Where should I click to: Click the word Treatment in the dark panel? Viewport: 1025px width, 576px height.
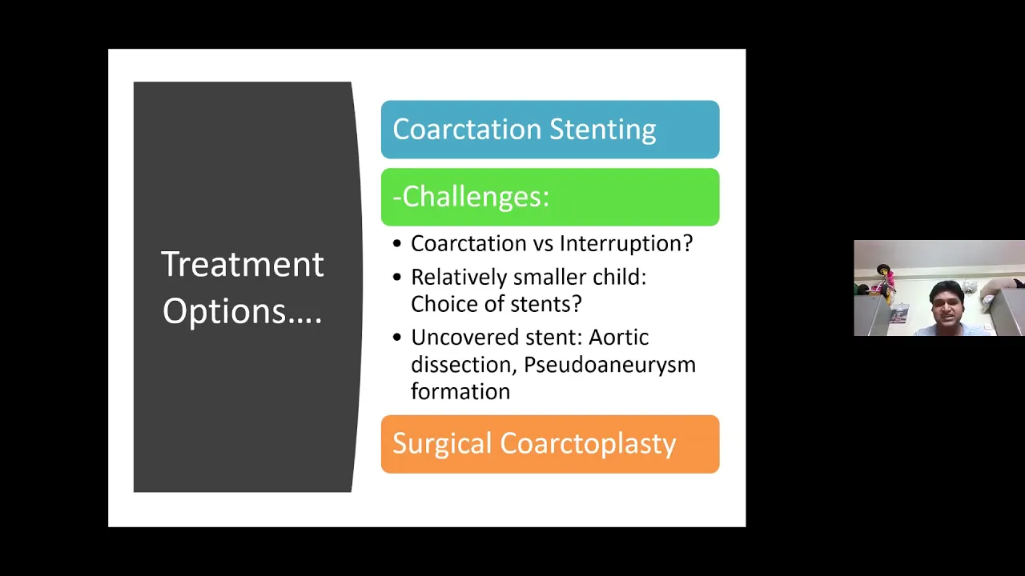pyautogui.click(x=243, y=264)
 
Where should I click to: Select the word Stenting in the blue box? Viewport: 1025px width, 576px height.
pyautogui.click(x=603, y=130)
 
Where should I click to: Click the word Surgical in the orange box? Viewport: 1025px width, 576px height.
pyautogui.click(x=442, y=444)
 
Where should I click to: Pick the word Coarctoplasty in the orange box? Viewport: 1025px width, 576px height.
pyautogui.click(x=588, y=444)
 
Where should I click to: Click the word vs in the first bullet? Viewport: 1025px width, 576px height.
pyautogui.click(x=543, y=245)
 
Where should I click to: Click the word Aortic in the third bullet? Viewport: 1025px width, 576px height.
pyautogui.click(x=619, y=338)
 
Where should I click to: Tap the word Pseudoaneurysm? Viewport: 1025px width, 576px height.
pyautogui.click(x=609, y=366)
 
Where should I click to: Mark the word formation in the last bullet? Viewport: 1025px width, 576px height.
pyautogui.click(x=460, y=392)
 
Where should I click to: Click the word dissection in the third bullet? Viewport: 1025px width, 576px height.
pyautogui.click(x=463, y=365)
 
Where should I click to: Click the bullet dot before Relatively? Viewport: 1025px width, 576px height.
pyautogui.click(x=396, y=278)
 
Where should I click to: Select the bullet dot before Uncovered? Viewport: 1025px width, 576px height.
pyautogui.click(x=396, y=338)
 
